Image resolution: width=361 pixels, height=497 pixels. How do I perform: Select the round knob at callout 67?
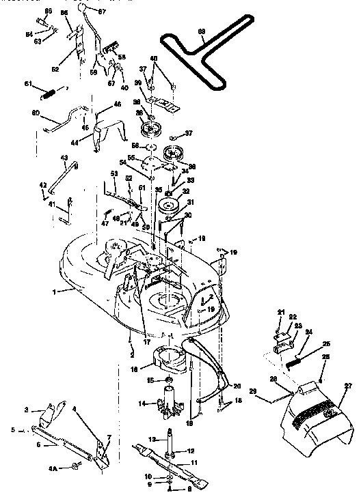pyautogui.click(x=83, y=7)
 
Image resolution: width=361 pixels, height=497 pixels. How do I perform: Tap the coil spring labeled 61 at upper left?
pyautogui.click(x=53, y=90)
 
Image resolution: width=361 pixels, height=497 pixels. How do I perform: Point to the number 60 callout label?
pyautogui.click(x=36, y=113)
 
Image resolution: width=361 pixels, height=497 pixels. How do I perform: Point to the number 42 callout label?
pyautogui.click(x=42, y=185)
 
